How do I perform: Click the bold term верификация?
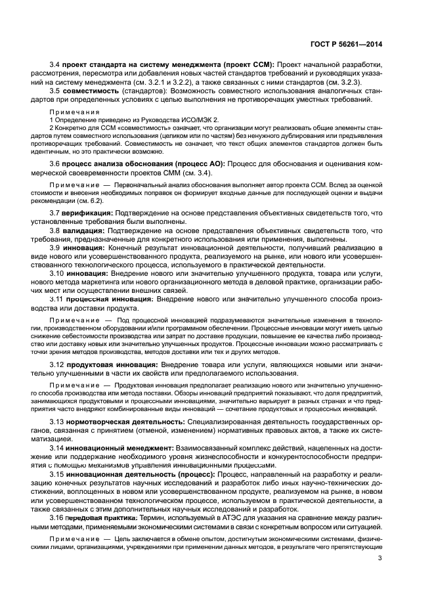tap(89, 213)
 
